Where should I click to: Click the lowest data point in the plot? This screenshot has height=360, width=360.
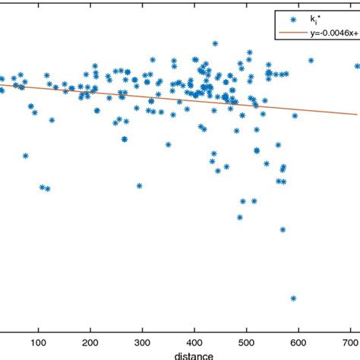coord(293,298)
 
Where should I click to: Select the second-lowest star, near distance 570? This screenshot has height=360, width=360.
coord(283,229)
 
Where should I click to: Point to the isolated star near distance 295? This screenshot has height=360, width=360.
coord(139,185)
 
